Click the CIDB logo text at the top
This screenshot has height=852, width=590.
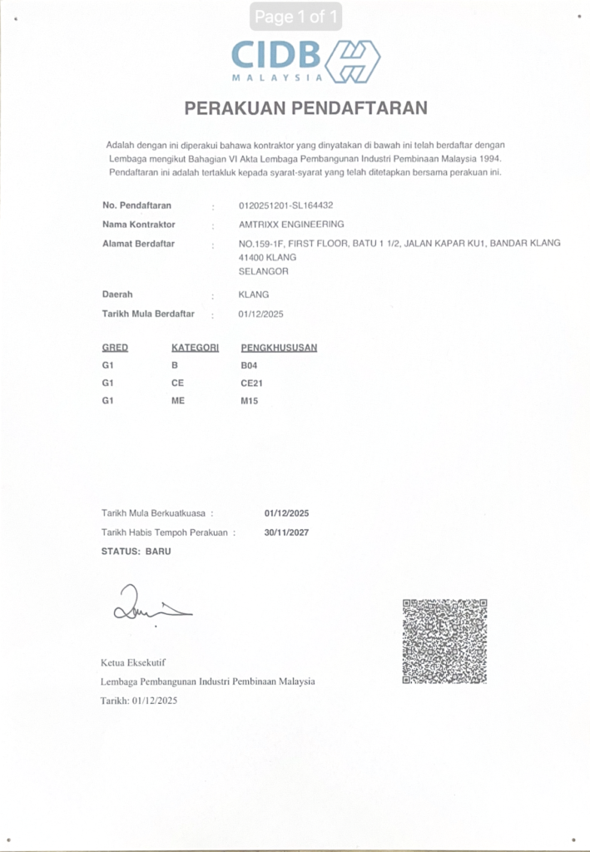click(x=276, y=56)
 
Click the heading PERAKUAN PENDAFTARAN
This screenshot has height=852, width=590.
click(x=305, y=108)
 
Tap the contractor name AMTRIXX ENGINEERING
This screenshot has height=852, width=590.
click(x=290, y=225)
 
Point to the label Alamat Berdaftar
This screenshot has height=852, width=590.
click(x=139, y=243)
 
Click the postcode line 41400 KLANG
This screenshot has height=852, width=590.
click(x=267, y=257)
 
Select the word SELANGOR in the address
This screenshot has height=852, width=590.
click(x=263, y=271)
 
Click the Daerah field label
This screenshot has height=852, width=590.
click(x=117, y=295)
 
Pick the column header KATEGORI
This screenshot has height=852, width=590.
click(x=195, y=348)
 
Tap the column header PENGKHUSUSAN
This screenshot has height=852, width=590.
click(x=279, y=348)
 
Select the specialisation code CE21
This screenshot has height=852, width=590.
click(x=252, y=384)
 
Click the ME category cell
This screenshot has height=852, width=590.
click(x=178, y=401)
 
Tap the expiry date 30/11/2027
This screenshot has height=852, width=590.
click(x=286, y=532)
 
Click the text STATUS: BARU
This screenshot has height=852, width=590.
click(x=136, y=551)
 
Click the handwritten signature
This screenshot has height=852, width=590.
click(x=150, y=606)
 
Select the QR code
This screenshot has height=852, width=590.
click(x=444, y=641)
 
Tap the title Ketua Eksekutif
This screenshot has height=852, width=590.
click(x=133, y=663)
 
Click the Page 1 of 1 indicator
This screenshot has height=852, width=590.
click(x=295, y=16)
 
